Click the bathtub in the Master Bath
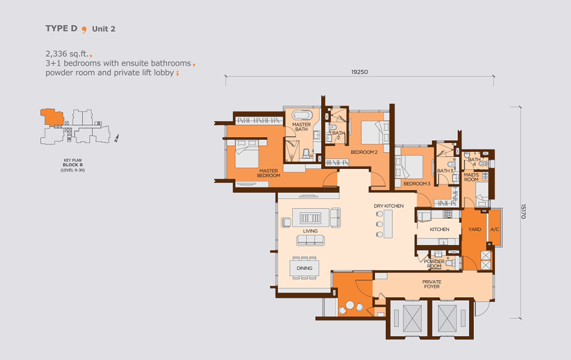coord(302,115)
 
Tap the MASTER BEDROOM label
coord(269,173)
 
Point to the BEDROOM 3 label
coord(417,183)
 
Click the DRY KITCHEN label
coord(388,206)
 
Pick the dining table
coord(304,268)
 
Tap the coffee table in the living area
coord(310,218)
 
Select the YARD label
coord(475,229)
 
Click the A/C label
coord(494,229)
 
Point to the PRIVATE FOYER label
coord(432,284)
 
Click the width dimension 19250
coord(359,72)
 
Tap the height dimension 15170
coord(523,211)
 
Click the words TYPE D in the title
coord(61,29)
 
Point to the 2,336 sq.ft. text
coord(67,54)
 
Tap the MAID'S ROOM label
coord(471,177)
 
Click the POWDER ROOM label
coord(434,264)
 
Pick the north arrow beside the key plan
coord(116,138)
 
